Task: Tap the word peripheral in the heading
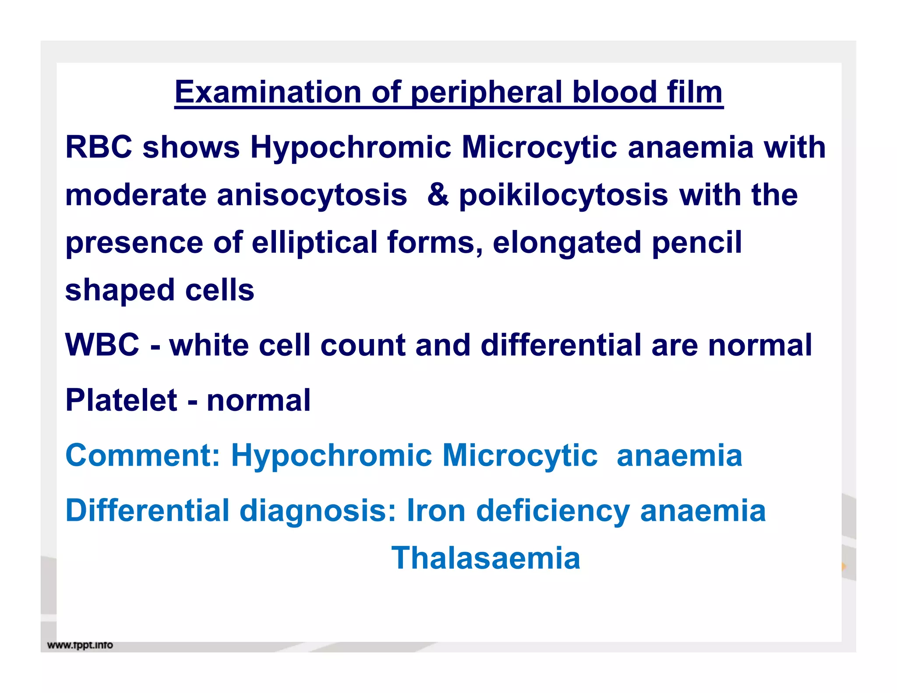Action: [x=486, y=93]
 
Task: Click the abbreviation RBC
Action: [x=99, y=147]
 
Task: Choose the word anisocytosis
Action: [x=312, y=195]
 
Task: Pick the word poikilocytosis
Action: [x=563, y=195]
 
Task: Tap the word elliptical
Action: [x=314, y=243]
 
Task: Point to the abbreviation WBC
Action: [x=102, y=345]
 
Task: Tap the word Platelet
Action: [x=121, y=400]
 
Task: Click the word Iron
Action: [x=436, y=511]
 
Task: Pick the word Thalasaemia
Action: [x=485, y=559]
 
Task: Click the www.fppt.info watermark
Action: [x=80, y=645]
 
